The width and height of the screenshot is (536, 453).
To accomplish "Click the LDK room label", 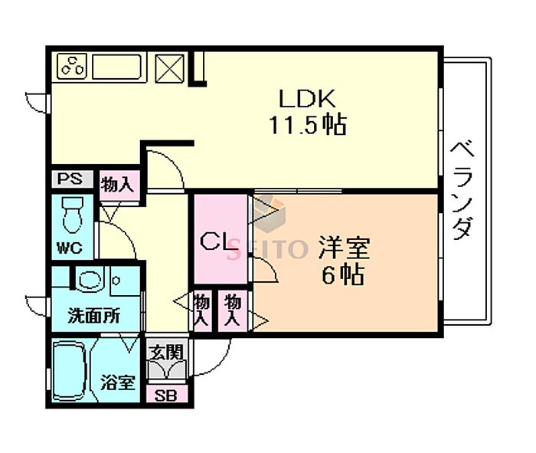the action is tap(306, 99).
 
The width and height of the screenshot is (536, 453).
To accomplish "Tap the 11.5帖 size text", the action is tap(306, 124).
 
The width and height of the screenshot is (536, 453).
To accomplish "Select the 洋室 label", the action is tap(343, 249).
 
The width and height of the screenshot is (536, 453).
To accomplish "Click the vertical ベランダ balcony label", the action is tap(461, 190).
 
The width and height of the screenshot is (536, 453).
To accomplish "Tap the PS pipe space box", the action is tap(71, 180).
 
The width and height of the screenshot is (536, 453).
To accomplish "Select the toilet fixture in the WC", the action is tap(73, 214).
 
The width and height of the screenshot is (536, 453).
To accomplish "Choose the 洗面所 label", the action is tap(93, 315).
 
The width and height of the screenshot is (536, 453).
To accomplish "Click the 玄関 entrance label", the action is tap(165, 353).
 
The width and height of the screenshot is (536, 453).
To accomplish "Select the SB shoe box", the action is tap(165, 396).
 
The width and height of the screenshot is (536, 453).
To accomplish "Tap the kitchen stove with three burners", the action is tap(72, 67).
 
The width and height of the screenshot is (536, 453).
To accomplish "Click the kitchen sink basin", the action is tap(119, 67).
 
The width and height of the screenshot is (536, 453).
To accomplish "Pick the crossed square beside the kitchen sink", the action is tap(170, 67).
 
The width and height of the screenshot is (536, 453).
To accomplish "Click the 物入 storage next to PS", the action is tap(118, 185).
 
